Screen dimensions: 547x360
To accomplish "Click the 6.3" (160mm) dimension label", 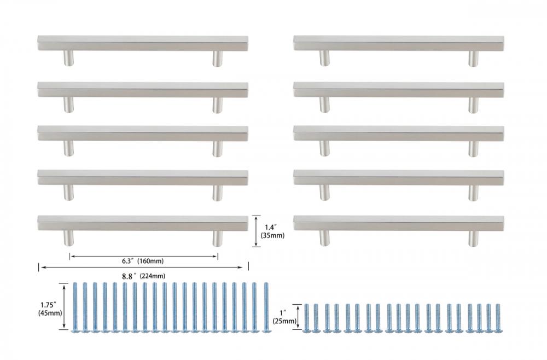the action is tap(143, 261).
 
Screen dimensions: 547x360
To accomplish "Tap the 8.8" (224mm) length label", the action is tap(143, 276).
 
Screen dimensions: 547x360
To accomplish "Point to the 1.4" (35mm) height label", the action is tap(272, 231).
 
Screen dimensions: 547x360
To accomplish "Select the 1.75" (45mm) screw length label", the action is tap(50, 309).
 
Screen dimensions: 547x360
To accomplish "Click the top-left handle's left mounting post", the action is tap(68, 58).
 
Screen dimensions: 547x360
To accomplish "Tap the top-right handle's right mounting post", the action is tap(473, 58).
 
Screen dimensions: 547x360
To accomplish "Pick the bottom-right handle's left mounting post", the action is tap(325, 238).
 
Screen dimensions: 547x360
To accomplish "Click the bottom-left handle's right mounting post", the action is tap(218, 238).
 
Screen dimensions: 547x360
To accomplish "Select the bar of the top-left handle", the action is tap(143, 43).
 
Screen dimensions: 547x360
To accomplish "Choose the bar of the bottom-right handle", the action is tap(398, 223).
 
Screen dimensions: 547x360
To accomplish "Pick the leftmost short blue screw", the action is tap(307, 318).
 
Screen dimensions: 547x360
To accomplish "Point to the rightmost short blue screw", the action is tap(498, 318).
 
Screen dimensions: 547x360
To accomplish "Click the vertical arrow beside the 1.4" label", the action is tap(257, 231).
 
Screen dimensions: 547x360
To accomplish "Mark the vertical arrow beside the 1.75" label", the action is tap(64, 306).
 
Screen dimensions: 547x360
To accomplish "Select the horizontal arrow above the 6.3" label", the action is tap(144, 257).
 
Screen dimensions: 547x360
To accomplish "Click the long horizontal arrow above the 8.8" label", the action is tap(143, 267).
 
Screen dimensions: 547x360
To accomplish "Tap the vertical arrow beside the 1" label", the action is tap(298, 316).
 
